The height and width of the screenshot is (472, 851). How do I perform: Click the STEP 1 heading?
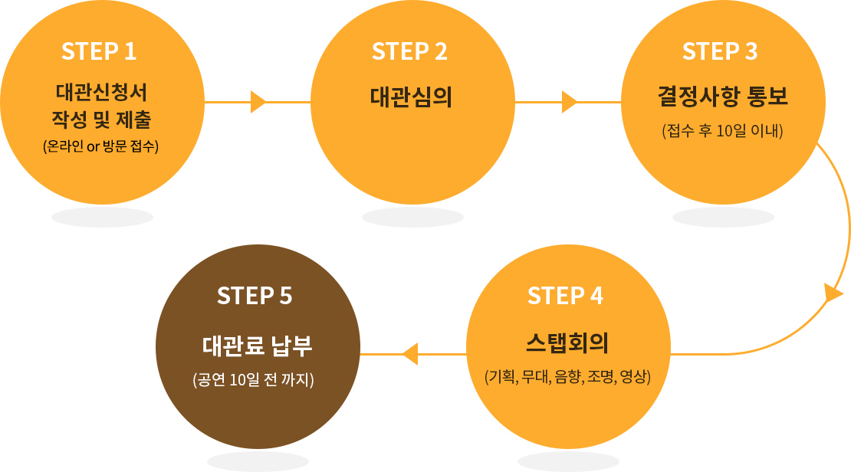click(99, 51)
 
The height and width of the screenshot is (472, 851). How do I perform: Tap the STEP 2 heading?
click(409, 51)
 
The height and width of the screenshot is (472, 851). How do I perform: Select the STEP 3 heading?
click(720, 51)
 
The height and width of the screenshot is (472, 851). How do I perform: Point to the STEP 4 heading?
click(565, 296)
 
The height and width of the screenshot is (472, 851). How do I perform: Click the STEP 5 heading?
click(255, 296)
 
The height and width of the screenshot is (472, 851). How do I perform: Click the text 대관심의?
click(411, 98)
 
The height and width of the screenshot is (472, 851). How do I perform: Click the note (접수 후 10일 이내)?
click(721, 131)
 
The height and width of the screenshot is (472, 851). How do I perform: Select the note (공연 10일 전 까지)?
click(255, 379)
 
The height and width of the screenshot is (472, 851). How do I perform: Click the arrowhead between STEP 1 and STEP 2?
click(258, 102)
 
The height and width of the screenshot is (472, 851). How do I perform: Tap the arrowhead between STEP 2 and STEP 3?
click(569, 102)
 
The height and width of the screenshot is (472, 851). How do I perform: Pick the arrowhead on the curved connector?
click(833, 293)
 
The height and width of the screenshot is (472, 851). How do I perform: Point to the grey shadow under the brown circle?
click(258, 461)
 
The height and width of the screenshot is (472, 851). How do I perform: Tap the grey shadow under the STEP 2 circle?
click(412, 218)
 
